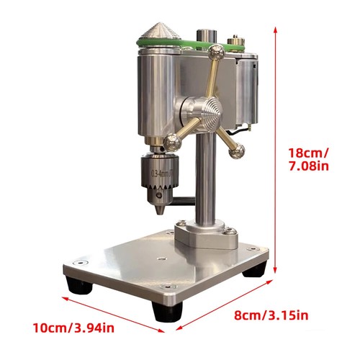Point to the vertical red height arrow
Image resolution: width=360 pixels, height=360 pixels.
point(278,144)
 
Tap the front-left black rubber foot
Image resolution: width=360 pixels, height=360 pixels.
point(79,286)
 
